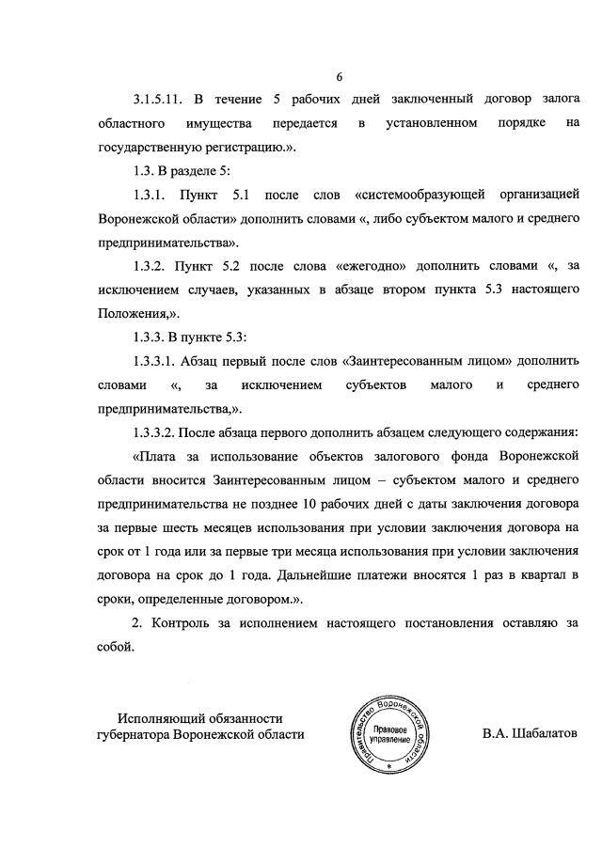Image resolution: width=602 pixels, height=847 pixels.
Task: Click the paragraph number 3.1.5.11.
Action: pyautogui.click(x=163, y=99)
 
